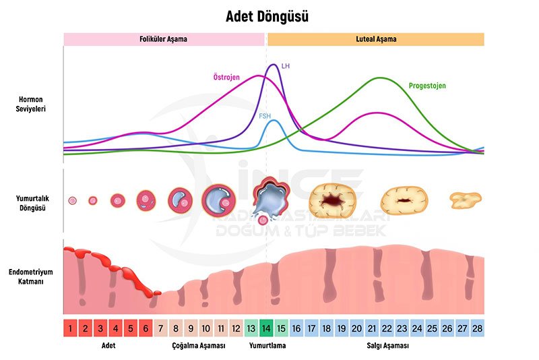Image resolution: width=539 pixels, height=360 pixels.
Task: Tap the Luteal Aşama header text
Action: [x=376, y=39]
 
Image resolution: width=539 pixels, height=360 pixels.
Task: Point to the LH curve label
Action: [x=286, y=66]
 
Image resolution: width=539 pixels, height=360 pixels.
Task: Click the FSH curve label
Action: [x=265, y=116]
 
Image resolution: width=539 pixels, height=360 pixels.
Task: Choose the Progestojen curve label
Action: [x=427, y=86]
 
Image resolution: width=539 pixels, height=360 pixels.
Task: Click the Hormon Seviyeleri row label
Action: [x=32, y=104]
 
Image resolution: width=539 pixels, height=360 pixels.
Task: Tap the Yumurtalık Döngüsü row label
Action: [x=32, y=203]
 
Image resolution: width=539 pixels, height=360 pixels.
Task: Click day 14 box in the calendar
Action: [x=266, y=328]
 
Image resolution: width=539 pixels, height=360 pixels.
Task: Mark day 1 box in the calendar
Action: [x=70, y=328]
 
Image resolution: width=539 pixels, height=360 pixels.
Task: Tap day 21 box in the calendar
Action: [x=372, y=328]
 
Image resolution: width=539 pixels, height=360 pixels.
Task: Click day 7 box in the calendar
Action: [x=160, y=328]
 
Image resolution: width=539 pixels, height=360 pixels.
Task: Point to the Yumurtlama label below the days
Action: [x=267, y=345]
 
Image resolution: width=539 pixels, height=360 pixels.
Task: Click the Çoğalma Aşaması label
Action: [x=198, y=345]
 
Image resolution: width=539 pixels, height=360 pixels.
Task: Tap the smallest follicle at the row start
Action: [x=72, y=200]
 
